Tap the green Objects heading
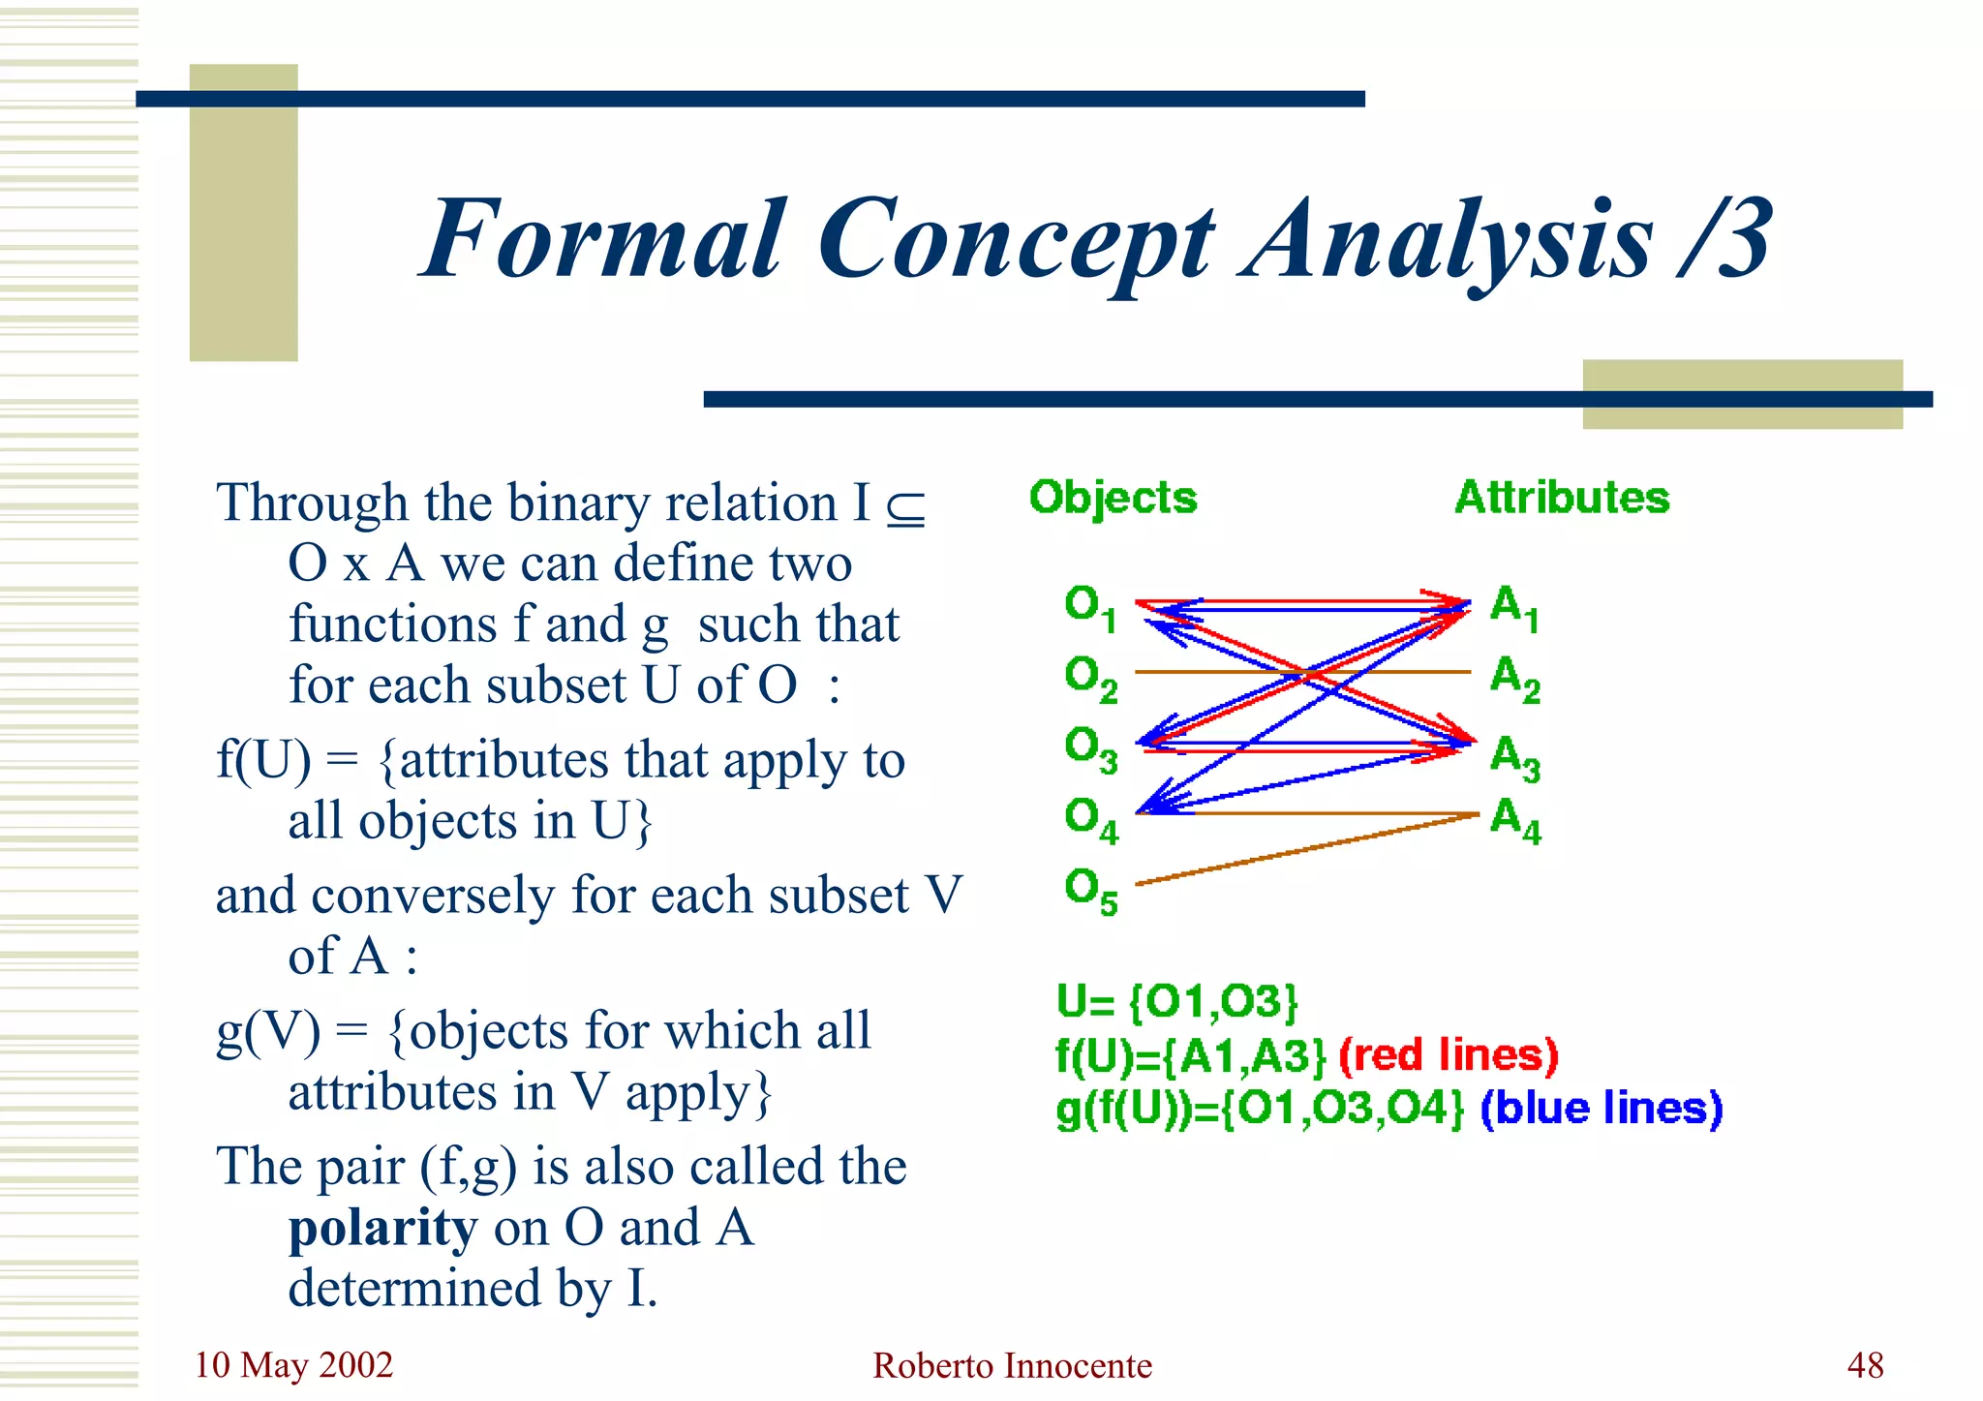[x=1113, y=499]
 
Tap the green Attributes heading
[x=1562, y=498]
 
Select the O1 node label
[x=1090, y=608]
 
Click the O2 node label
[x=1090, y=679]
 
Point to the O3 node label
[x=1090, y=749]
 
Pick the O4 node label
[x=1090, y=819]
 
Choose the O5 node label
[x=1090, y=890]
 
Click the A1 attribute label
[x=1514, y=608]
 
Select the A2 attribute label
[x=1514, y=679]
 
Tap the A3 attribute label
[x=1514, y=757]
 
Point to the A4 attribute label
[x=1514, y=819]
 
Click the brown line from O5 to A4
[x=1307, y=849]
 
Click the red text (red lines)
[x=1449, y=1055]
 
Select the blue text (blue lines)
[x=1602, y=1108]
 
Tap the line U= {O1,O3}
[x=1176, y=1002]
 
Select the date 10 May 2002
[x=293, y=1365]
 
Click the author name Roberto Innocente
[x=1012, y=1365]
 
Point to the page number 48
[x=1865, y=1365]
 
